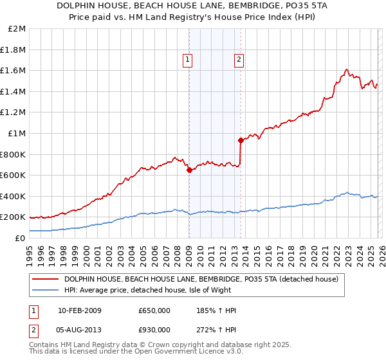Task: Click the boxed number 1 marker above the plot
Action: pos(188,60)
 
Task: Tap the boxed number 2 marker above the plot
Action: pos(239,60)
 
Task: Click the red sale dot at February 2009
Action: pos(189,170)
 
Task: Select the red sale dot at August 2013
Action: pos(240,140)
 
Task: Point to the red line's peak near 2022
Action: pos(346,69)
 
